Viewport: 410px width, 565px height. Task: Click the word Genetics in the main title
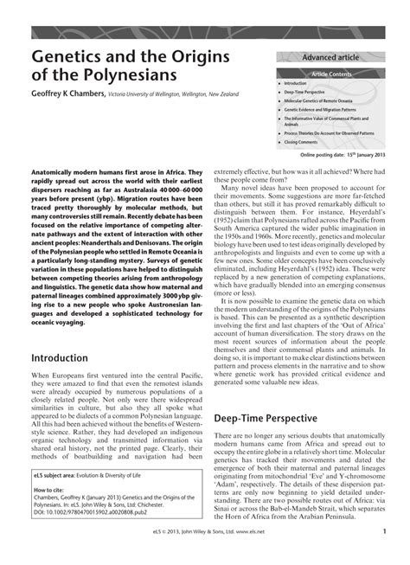click(x=68, y=58)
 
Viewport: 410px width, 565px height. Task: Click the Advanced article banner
click(x=330, y=57)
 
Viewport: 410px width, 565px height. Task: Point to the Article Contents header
click(x=332, y=74)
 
